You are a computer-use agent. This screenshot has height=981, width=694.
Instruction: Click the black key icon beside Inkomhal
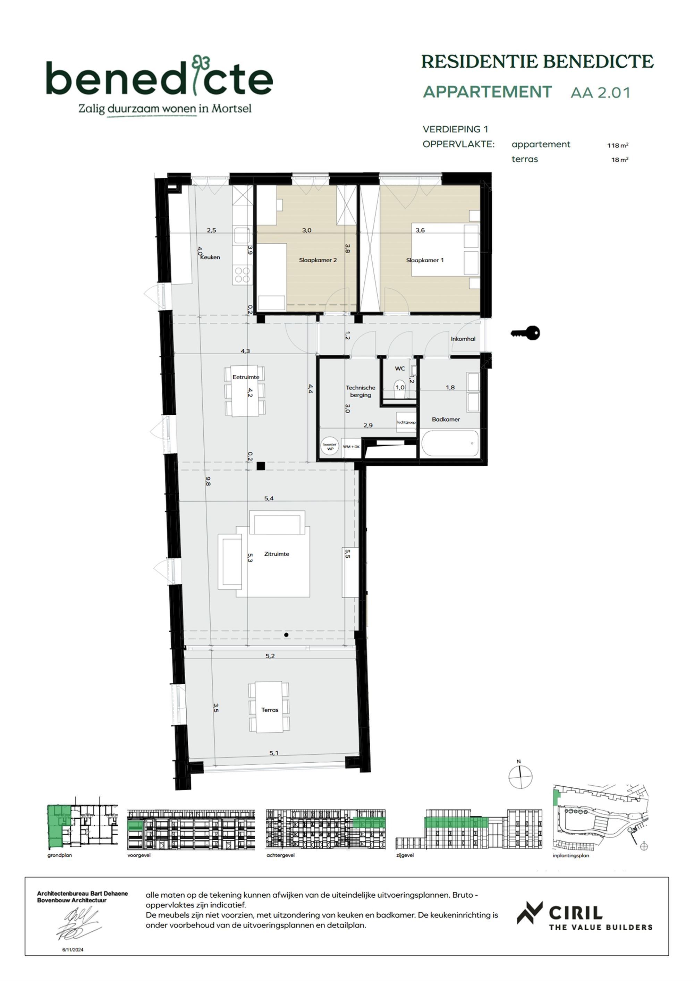pos(526,333)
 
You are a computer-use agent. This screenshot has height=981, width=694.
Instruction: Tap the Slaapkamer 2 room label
pos(318,260)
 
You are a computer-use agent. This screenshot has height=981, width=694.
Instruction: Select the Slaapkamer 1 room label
pos(424,260)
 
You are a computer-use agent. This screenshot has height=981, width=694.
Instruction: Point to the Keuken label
pos(210,257)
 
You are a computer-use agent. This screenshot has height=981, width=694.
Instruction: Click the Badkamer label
pos(446,419)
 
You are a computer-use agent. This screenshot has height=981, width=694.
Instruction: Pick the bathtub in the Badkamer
pos(450,443)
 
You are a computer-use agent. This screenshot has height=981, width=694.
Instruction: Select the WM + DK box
pos(351,447)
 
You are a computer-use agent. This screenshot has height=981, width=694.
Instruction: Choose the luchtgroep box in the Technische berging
pos(406,422)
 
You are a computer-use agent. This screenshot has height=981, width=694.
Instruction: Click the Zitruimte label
pos(277,554)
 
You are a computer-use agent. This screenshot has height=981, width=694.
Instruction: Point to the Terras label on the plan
pos(270,710)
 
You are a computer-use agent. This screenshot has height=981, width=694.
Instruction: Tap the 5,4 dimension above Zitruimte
pos(269,498)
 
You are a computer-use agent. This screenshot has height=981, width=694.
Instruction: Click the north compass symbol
pos(520,776)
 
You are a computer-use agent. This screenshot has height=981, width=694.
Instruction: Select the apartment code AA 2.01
pos(600,93)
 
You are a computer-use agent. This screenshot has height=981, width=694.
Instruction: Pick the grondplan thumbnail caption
pos(60,855)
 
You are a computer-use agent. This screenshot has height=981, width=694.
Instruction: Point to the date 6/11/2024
pos(73,950)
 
